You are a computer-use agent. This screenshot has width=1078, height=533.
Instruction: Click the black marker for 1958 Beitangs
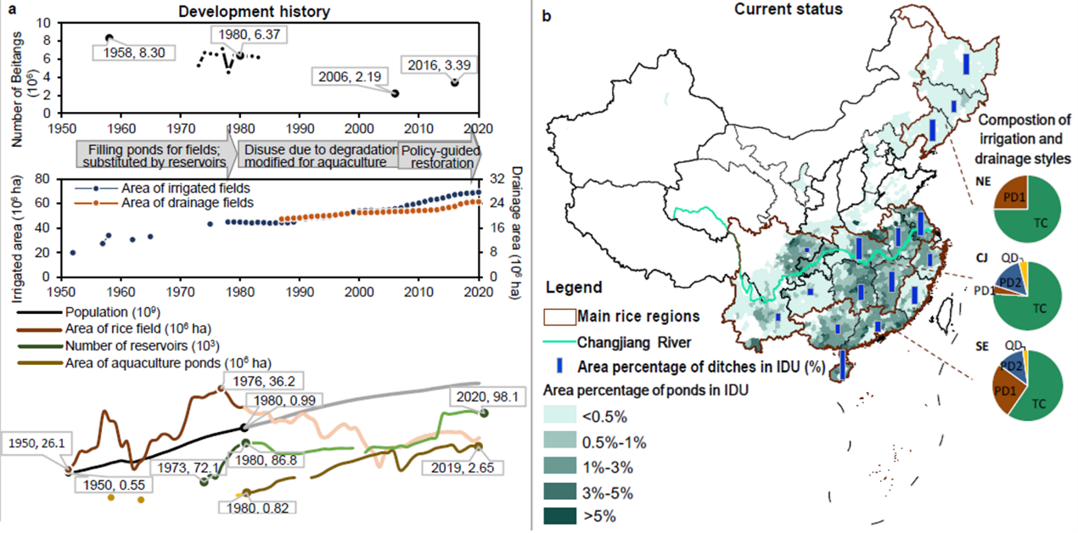click(109, 38)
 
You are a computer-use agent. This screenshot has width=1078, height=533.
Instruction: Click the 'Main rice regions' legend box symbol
click(559, 317)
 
